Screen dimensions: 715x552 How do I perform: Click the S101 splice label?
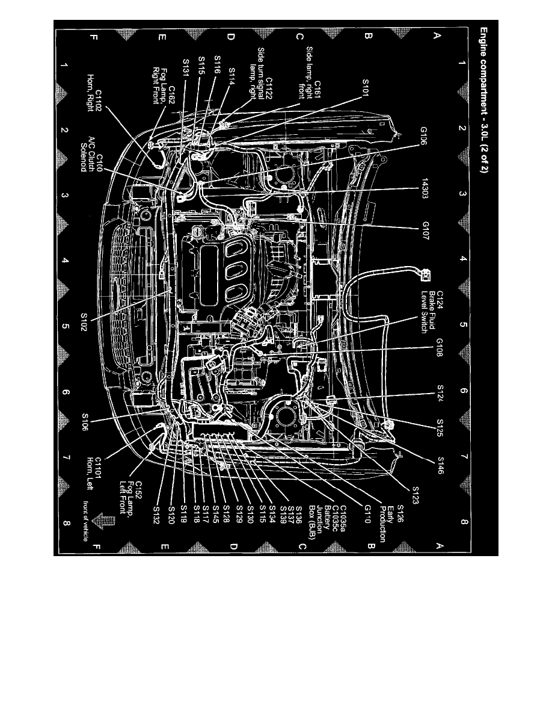(367, 93)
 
